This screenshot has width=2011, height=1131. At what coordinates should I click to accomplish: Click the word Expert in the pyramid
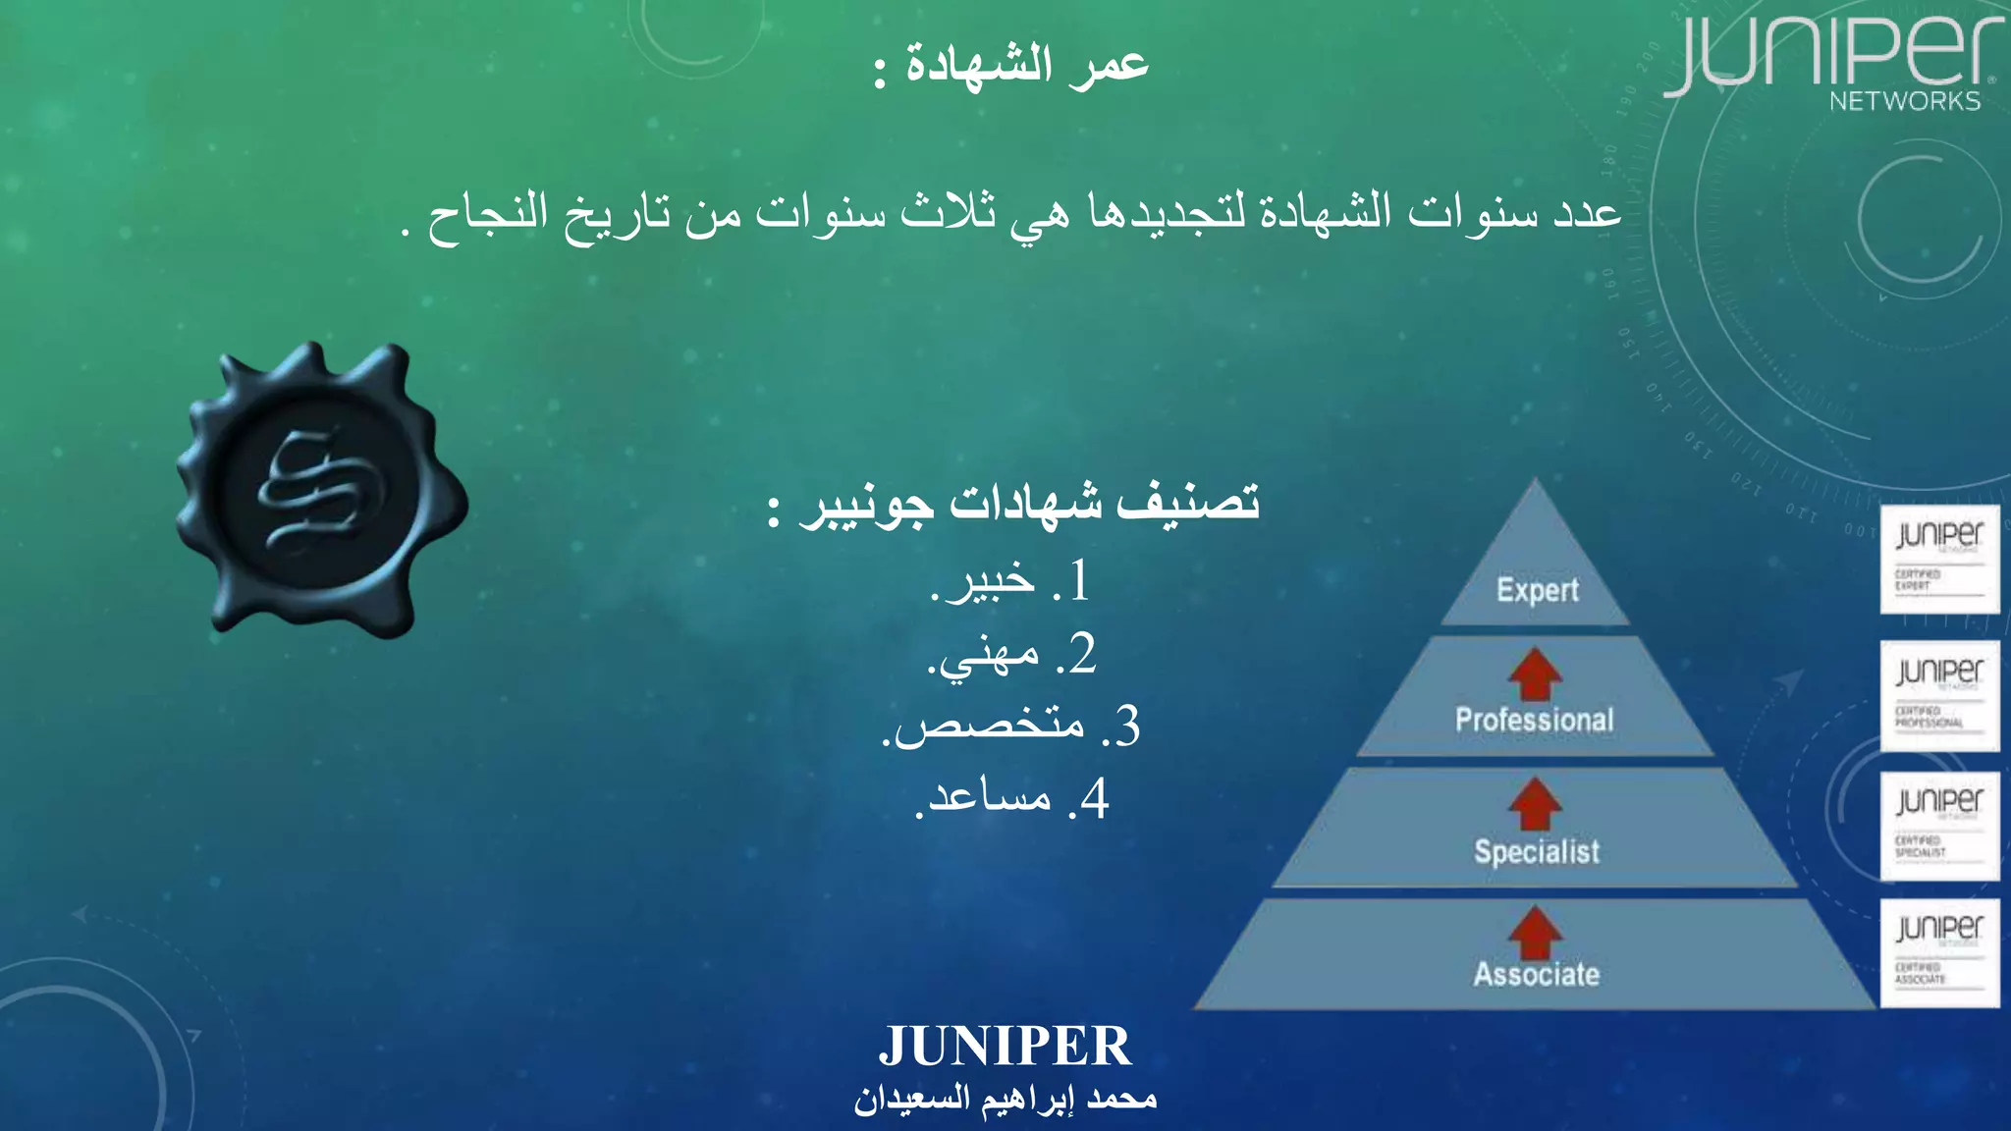click(1537, 590)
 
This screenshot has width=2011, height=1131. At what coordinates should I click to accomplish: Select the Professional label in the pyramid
click(1534, 720)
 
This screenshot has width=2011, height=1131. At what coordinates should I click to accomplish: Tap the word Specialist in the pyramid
click(1537, 851)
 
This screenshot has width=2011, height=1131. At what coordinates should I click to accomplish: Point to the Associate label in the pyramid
click(1537, 974)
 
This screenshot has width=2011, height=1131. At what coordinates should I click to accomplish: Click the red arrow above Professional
click(1535, 674)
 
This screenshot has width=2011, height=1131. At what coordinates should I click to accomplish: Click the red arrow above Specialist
click(1535, 804)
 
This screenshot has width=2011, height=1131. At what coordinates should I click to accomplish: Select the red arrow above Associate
click(1535, 932)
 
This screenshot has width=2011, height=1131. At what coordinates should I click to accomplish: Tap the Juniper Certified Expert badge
click(1939, 559)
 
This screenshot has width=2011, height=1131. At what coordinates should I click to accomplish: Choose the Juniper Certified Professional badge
click(1939, 695)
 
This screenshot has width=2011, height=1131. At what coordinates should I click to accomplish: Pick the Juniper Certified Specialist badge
click(1939, 826)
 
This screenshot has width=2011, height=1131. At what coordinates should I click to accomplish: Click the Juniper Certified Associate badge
click(1939, 952)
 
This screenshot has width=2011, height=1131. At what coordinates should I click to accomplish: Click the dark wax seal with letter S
click(321, 489)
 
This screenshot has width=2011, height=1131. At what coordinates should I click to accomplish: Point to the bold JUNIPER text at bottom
click(1005, 1046)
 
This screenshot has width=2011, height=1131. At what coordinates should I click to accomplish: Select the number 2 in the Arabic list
click(1080, 654)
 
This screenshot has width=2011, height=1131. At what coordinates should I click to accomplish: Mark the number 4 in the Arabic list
click(1094, 798)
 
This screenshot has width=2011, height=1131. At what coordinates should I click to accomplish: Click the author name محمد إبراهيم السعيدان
click(1005, 1099)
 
